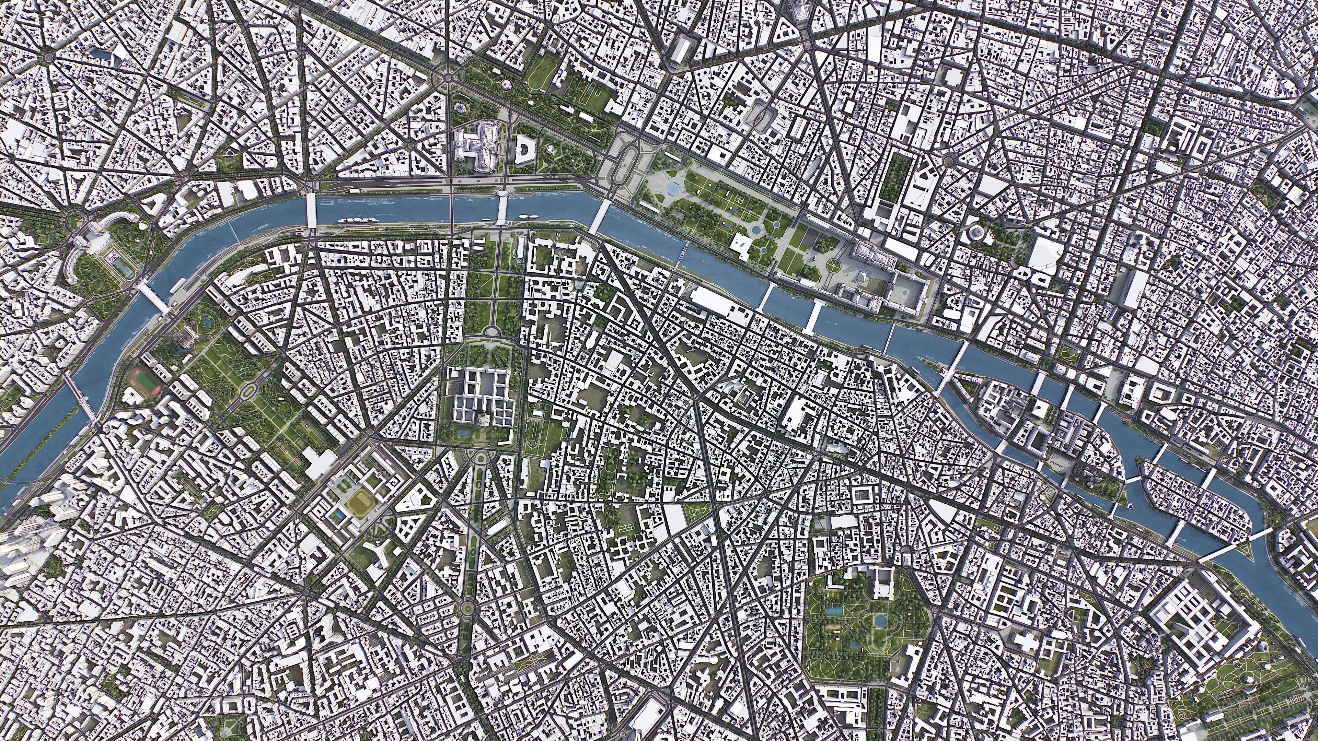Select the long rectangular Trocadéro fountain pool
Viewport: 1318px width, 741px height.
[x=121, y=266]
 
